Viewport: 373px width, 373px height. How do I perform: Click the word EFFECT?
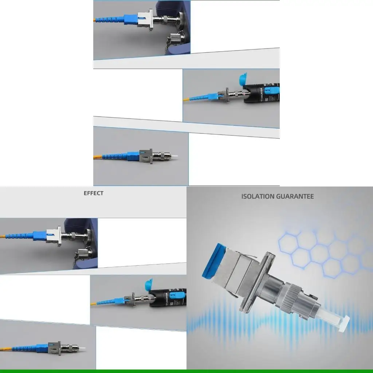coord(94,193)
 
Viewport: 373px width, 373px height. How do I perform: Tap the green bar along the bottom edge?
coord(186,371)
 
